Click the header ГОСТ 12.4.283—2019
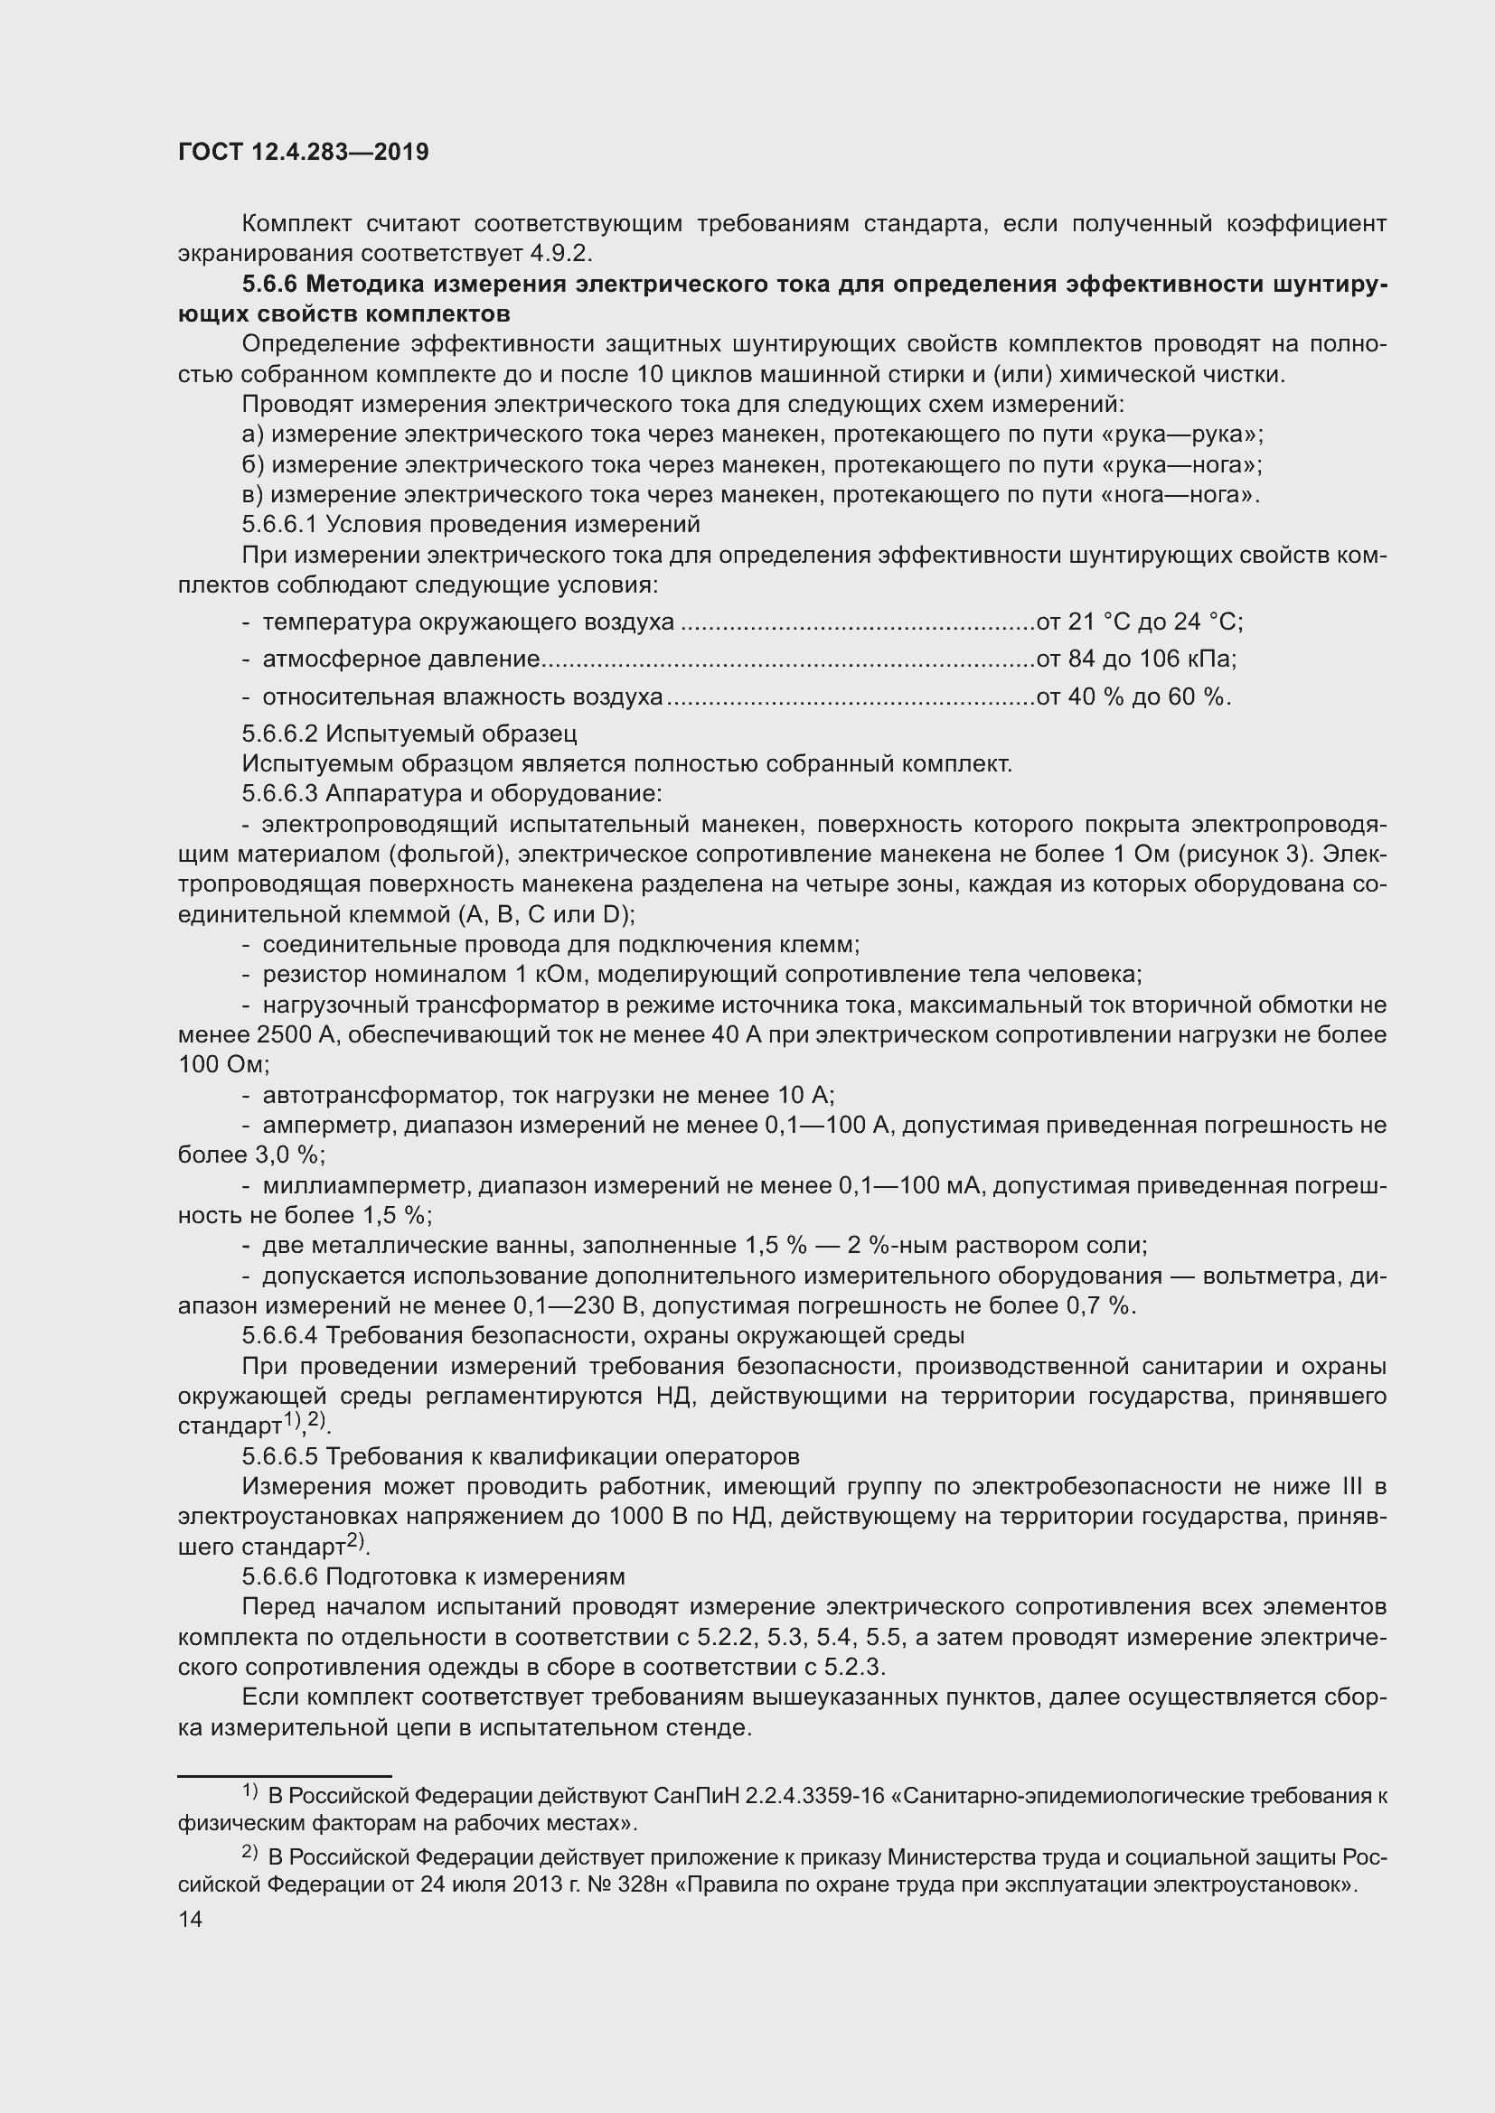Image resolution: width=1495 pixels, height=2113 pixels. (304, 152)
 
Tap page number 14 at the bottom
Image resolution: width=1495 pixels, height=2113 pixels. (191, 1919)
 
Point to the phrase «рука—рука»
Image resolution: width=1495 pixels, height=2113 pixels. (1187, 435)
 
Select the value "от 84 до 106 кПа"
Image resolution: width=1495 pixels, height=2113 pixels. (1135, 659)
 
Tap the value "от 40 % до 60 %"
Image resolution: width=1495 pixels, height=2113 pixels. (1133, 697)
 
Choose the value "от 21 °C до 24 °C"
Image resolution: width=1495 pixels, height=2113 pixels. (1138, 622)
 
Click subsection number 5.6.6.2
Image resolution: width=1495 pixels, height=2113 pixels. (280, 734)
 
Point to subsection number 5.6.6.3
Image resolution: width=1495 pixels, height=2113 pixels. (280, 793)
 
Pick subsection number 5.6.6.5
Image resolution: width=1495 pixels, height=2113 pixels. (280, 1457)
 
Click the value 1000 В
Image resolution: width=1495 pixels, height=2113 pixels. (647, 1517)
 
